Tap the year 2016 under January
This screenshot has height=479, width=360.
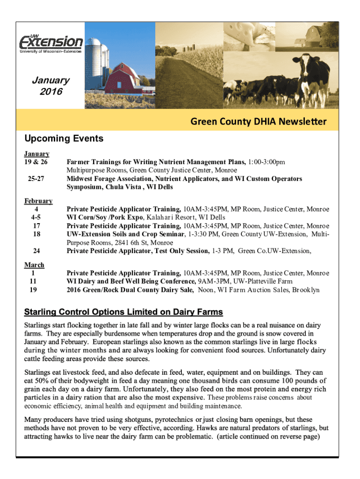50,92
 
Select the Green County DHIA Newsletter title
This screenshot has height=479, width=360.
258,122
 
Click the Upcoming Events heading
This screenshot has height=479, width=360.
64,138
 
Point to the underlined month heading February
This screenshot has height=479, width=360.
38,201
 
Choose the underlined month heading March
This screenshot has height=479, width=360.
34,265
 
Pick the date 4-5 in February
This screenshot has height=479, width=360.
36,218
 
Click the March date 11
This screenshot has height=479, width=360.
33,281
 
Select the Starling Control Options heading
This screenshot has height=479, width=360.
123,312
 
